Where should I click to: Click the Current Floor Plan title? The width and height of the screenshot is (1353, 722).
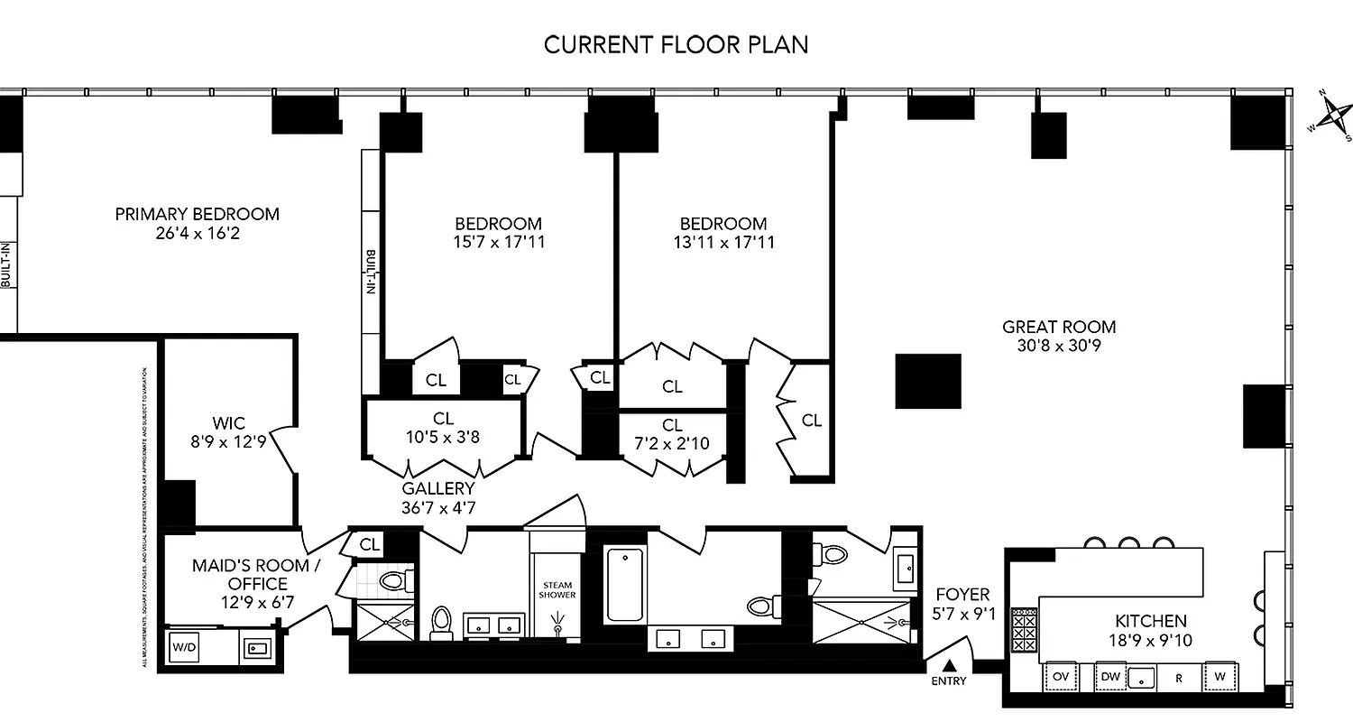676,45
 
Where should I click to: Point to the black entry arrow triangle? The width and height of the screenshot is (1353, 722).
948,666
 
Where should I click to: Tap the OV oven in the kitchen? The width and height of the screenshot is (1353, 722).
1061,676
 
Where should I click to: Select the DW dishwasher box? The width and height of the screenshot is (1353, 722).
1109,676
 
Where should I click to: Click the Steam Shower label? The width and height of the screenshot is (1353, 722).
557,590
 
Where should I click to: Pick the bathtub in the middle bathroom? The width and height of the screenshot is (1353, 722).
625,584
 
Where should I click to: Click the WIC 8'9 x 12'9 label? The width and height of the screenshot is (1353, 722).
228,432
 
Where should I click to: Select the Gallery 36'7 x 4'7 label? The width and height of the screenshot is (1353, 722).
438,498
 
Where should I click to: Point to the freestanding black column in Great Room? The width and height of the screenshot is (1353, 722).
928,382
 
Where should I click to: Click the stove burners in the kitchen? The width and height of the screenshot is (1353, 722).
1023,628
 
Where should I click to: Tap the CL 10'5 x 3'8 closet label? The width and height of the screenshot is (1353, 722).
442,427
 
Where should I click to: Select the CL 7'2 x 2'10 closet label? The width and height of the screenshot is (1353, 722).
672,433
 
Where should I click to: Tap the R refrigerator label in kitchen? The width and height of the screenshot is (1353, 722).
1177,676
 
